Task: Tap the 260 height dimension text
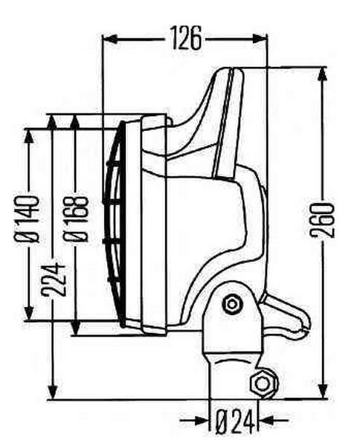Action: (322, 220)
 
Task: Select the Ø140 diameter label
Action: (26, 219)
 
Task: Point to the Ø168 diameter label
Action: (75, 219)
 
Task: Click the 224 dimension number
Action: (54, 280)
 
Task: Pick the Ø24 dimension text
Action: (235, 421)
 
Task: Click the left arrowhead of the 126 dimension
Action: (110, 39)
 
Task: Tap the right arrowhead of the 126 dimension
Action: (260, 39)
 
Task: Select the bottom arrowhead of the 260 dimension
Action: (322, 392)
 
